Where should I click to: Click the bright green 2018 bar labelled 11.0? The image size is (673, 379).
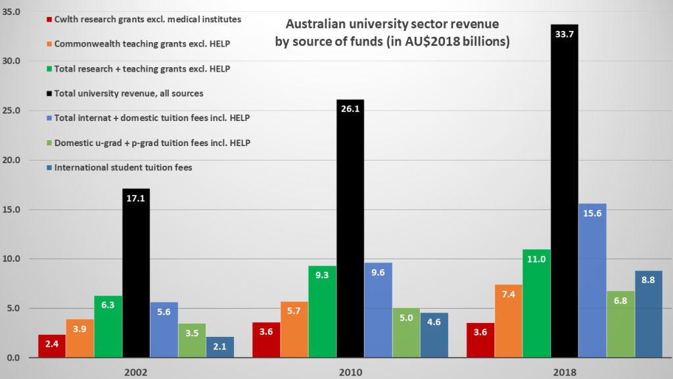pyautogui.click(x=536, y=303)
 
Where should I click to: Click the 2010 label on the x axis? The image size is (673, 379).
pyautogui.click(x=350, y=372)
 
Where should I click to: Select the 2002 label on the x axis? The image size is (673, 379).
pyautogui.click(x=136, y=372)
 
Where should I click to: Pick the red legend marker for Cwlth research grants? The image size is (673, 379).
pyautogui.click(x=49, y=20)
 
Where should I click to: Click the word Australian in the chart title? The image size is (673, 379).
pyautogui.click(x=315, y=25)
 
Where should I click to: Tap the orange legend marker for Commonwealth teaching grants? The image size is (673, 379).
pyautogui.click(x=49, y=45)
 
